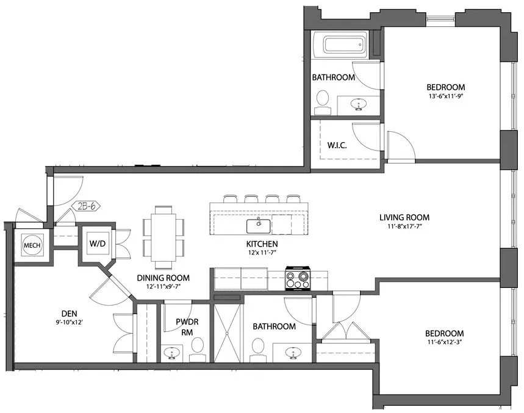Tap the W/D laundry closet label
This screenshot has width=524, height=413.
(98, 243)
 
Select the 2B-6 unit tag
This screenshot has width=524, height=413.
(87, 206)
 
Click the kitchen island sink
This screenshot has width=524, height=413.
(259, 226)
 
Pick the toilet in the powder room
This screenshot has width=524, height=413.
(197, 348)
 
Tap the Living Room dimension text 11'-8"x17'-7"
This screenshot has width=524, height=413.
(404, 227)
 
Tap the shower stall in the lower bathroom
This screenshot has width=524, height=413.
(227, 333)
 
